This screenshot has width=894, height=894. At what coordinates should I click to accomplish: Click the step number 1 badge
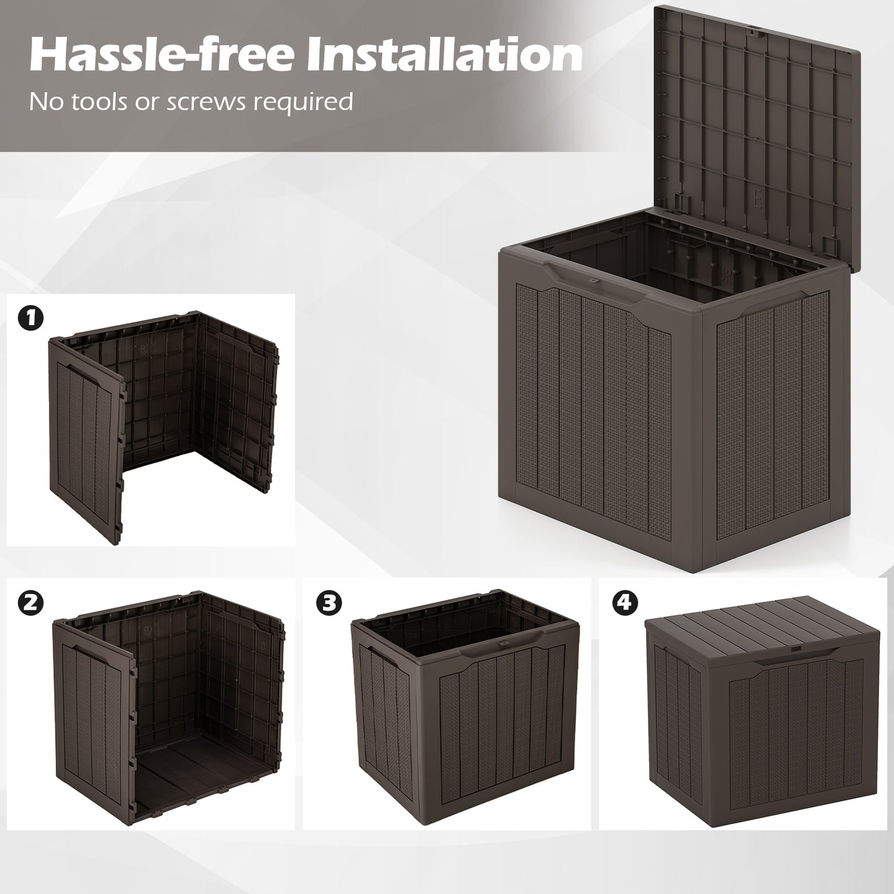[x=31, y=319]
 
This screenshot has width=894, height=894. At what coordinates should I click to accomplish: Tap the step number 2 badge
[x=31, y=603]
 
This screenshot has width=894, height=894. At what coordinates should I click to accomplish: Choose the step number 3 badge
[x=329, y=603]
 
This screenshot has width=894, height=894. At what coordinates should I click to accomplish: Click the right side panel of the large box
[x=773, y=421]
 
